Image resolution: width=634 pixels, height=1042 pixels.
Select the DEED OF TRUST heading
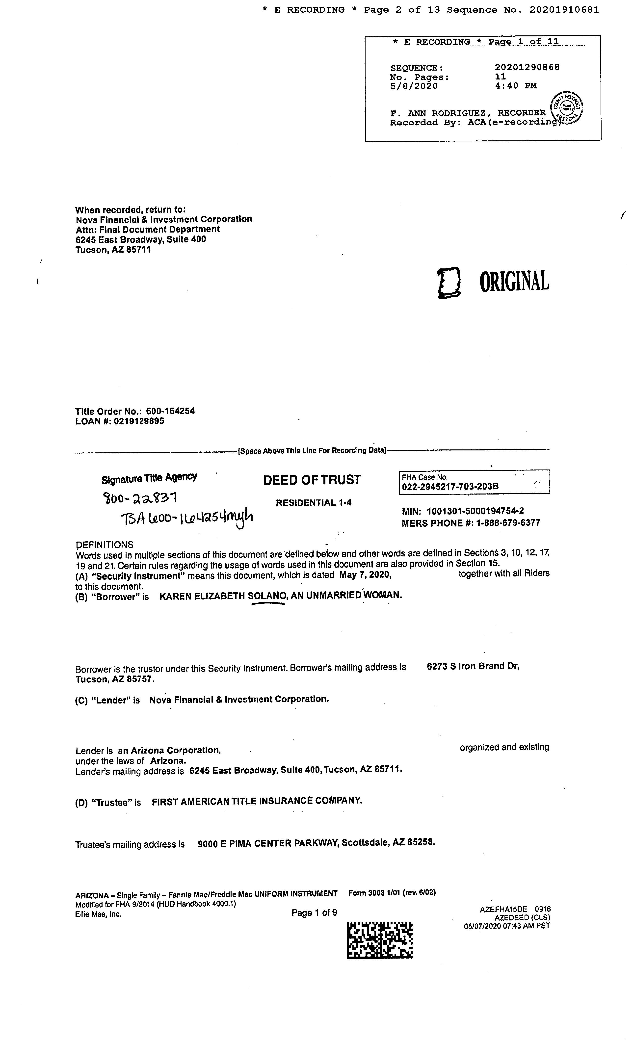tap(312, 480)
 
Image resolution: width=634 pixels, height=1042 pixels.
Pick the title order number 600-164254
tap(170, 411)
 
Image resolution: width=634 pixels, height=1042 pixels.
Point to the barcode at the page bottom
tap(379, 940)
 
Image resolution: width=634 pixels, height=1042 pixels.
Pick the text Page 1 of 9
tap(314, 912)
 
